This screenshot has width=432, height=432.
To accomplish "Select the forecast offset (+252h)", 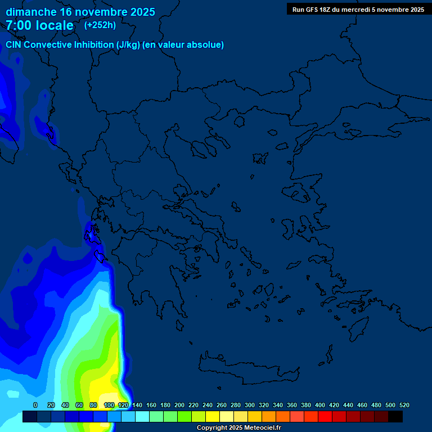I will [100, 25].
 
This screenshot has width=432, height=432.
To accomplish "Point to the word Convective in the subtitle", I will [48, 45].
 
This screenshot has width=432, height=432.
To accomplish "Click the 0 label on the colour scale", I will [35, 405].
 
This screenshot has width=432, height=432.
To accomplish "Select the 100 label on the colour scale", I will [109, 405].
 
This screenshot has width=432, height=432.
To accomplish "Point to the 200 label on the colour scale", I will [179, 405].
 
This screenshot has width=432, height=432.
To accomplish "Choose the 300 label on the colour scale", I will [250, 405].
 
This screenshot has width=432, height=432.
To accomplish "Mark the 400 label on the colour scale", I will [320, 405].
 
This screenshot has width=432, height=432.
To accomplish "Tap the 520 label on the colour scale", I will [404, 405].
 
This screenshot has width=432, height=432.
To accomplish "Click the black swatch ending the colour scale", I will [395, 416].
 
